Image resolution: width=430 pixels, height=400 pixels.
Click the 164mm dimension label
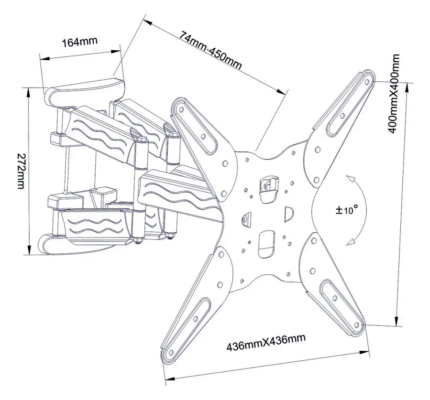coord(80,41)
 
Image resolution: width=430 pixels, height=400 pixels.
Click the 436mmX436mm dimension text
coord(266,343)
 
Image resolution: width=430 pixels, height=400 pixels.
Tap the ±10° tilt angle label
coord(347,209)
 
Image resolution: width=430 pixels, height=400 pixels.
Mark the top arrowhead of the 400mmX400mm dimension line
coord(407,85)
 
